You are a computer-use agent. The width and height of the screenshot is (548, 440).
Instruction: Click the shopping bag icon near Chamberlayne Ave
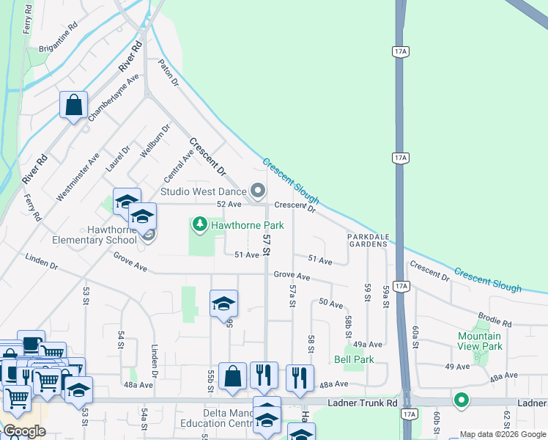[74, 105]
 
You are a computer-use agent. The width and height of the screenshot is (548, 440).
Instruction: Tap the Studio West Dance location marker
[258, 191]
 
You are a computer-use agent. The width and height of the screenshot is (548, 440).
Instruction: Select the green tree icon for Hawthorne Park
[199, 223]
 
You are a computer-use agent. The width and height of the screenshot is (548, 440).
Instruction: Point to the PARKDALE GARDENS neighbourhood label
[367, 240]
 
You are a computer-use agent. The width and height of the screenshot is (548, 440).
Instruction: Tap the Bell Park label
[354, 359]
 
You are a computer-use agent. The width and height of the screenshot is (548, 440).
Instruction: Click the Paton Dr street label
[169, 73]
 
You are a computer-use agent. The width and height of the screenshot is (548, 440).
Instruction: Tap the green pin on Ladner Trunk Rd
[461, 400]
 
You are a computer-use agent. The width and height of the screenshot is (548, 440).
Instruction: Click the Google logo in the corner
[23, 432]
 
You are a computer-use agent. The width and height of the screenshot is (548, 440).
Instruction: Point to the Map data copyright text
[502, 434]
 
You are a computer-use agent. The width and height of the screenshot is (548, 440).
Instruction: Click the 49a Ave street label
[367, 344]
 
